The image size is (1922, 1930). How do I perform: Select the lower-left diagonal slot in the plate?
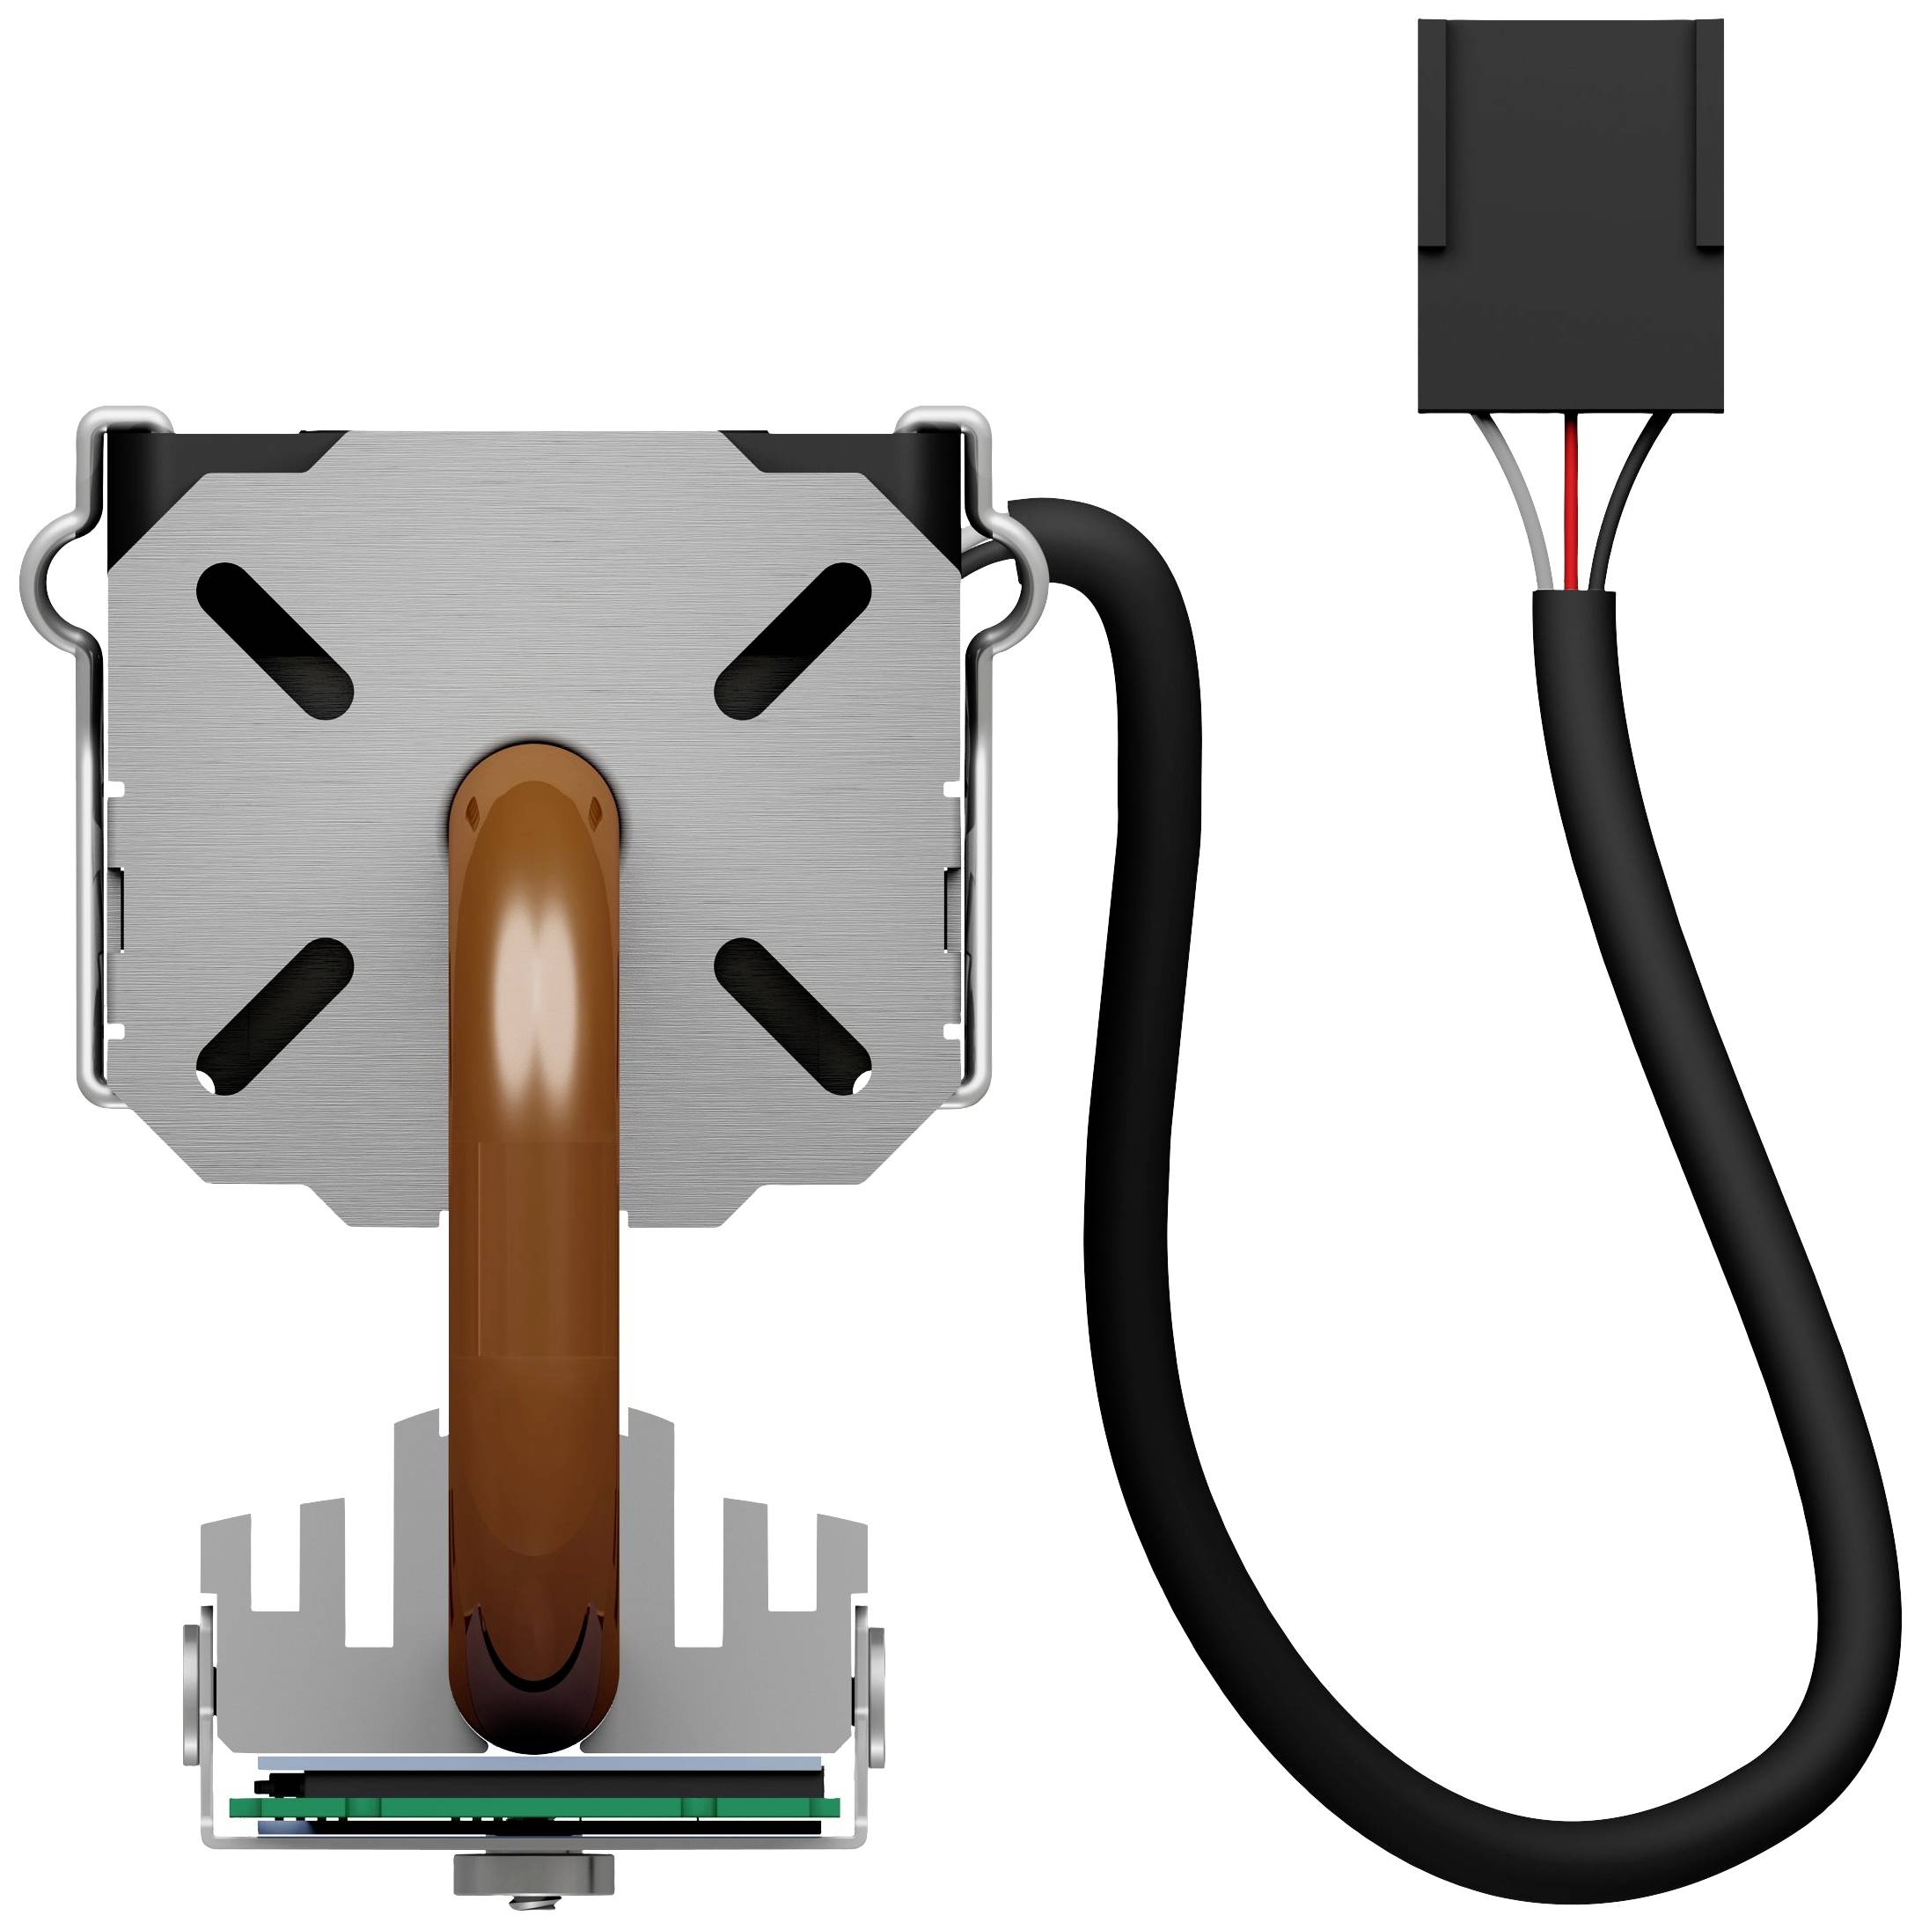[274, 1015]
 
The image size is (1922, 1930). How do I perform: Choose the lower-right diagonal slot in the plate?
[793, 1015]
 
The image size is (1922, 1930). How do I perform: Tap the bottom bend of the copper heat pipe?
[534, 1718]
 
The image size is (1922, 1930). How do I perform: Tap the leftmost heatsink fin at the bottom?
[224, 1598]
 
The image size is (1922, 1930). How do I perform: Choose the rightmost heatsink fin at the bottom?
[841, 1598]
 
